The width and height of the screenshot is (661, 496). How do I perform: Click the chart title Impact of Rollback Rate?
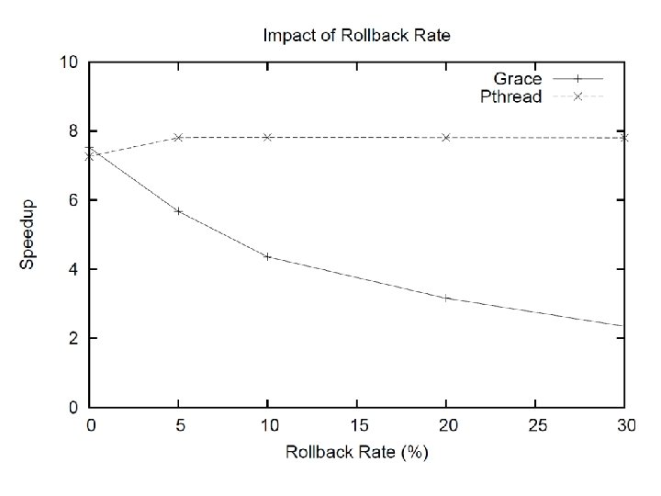pos(356,35)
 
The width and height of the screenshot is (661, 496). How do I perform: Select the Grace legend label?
pos(517,79)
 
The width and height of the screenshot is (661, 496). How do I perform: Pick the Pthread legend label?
pos(511,96)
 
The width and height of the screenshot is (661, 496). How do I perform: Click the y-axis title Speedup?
pos(27,234)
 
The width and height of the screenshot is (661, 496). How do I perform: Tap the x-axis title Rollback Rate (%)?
pos(357,452)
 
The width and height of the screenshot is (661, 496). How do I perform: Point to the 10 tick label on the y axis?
pos(69,62)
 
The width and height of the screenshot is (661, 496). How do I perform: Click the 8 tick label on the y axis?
pos(73,131)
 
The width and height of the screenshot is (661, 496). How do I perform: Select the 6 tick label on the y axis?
pos(73,200)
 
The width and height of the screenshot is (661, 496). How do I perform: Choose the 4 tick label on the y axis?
pos(73,269)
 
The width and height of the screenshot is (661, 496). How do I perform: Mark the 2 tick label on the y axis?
pos(73,338)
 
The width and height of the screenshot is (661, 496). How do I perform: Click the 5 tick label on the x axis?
pos(180,425)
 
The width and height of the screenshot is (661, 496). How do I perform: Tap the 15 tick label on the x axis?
pos(358,425)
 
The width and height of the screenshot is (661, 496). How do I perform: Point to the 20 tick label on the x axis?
pos(448,425)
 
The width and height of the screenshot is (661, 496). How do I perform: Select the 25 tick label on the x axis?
pos(537,425)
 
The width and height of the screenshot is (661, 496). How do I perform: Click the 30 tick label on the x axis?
pos(626,425)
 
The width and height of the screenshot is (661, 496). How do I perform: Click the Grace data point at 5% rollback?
pos(178,211)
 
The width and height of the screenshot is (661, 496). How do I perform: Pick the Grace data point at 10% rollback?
pos(267,256)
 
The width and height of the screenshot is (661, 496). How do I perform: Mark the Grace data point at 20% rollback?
pos(446,299)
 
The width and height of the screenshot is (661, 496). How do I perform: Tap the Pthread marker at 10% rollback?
pos(267,137)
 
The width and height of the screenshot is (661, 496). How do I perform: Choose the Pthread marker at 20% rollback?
pos(446,138)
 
